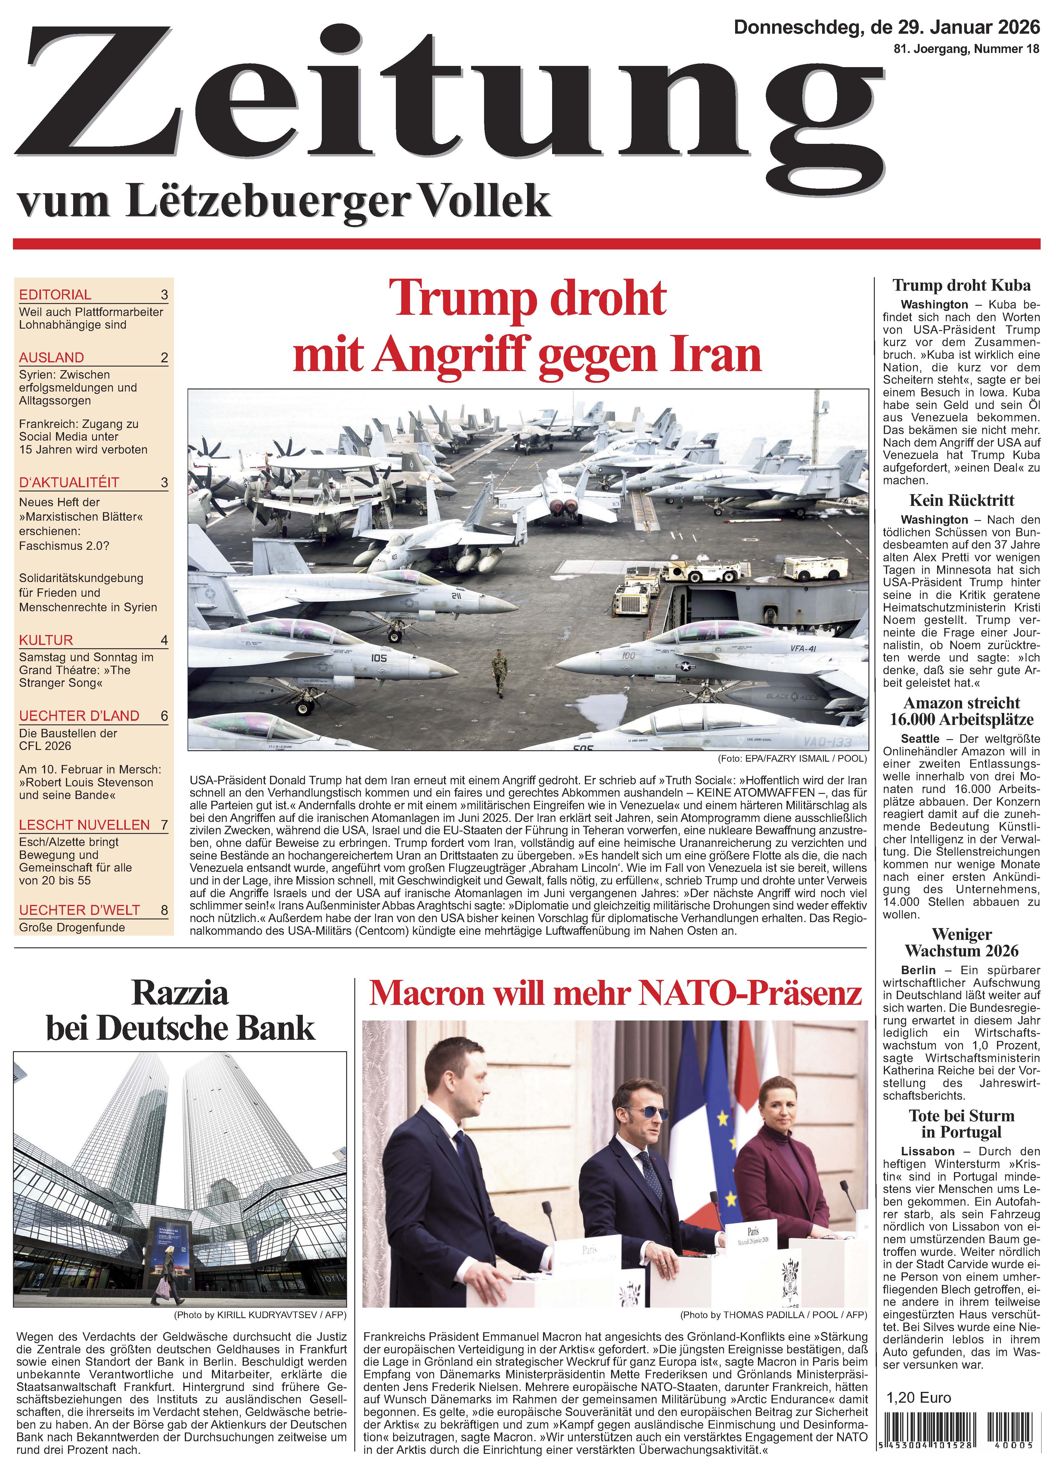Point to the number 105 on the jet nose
click(379, 658)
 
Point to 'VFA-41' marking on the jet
click(803, 649)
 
